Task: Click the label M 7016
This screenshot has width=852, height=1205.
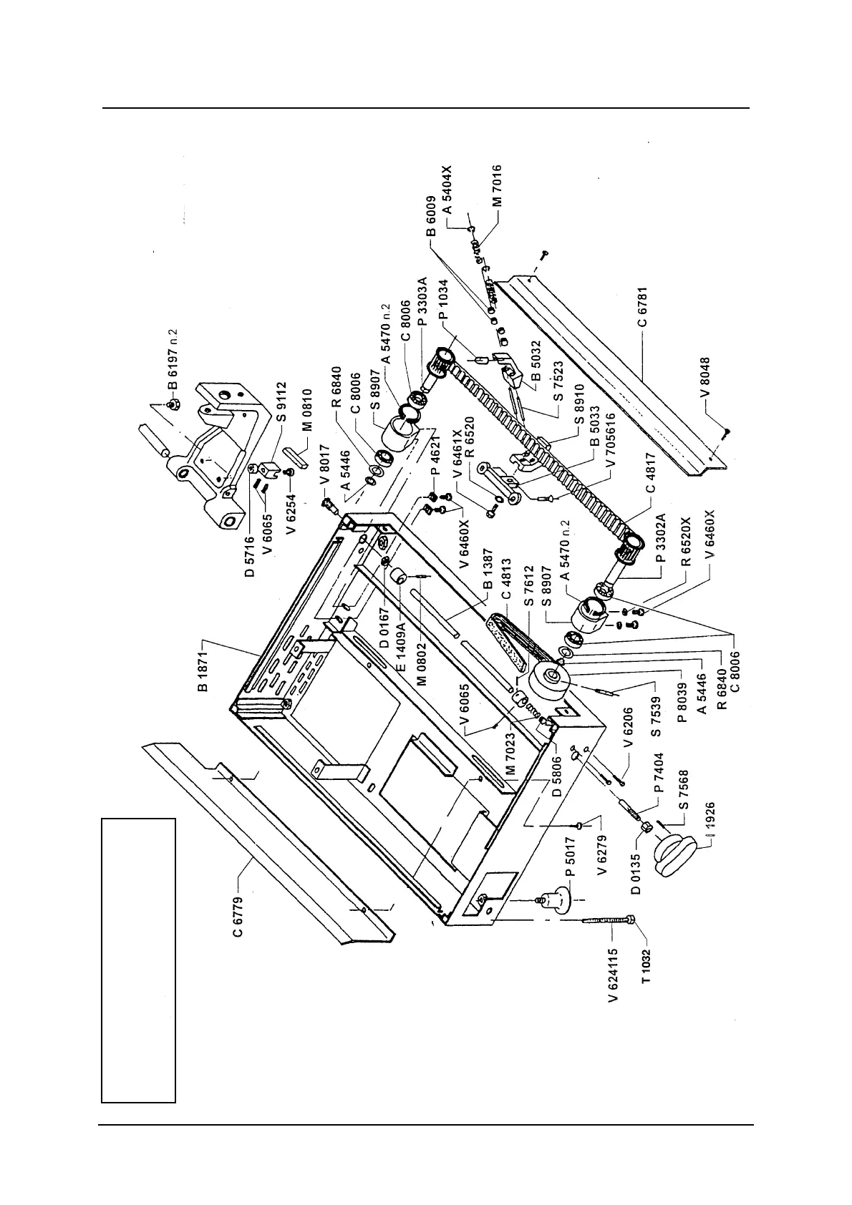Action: tap(496, 186)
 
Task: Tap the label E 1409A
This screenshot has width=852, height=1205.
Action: tap(402, 647)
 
